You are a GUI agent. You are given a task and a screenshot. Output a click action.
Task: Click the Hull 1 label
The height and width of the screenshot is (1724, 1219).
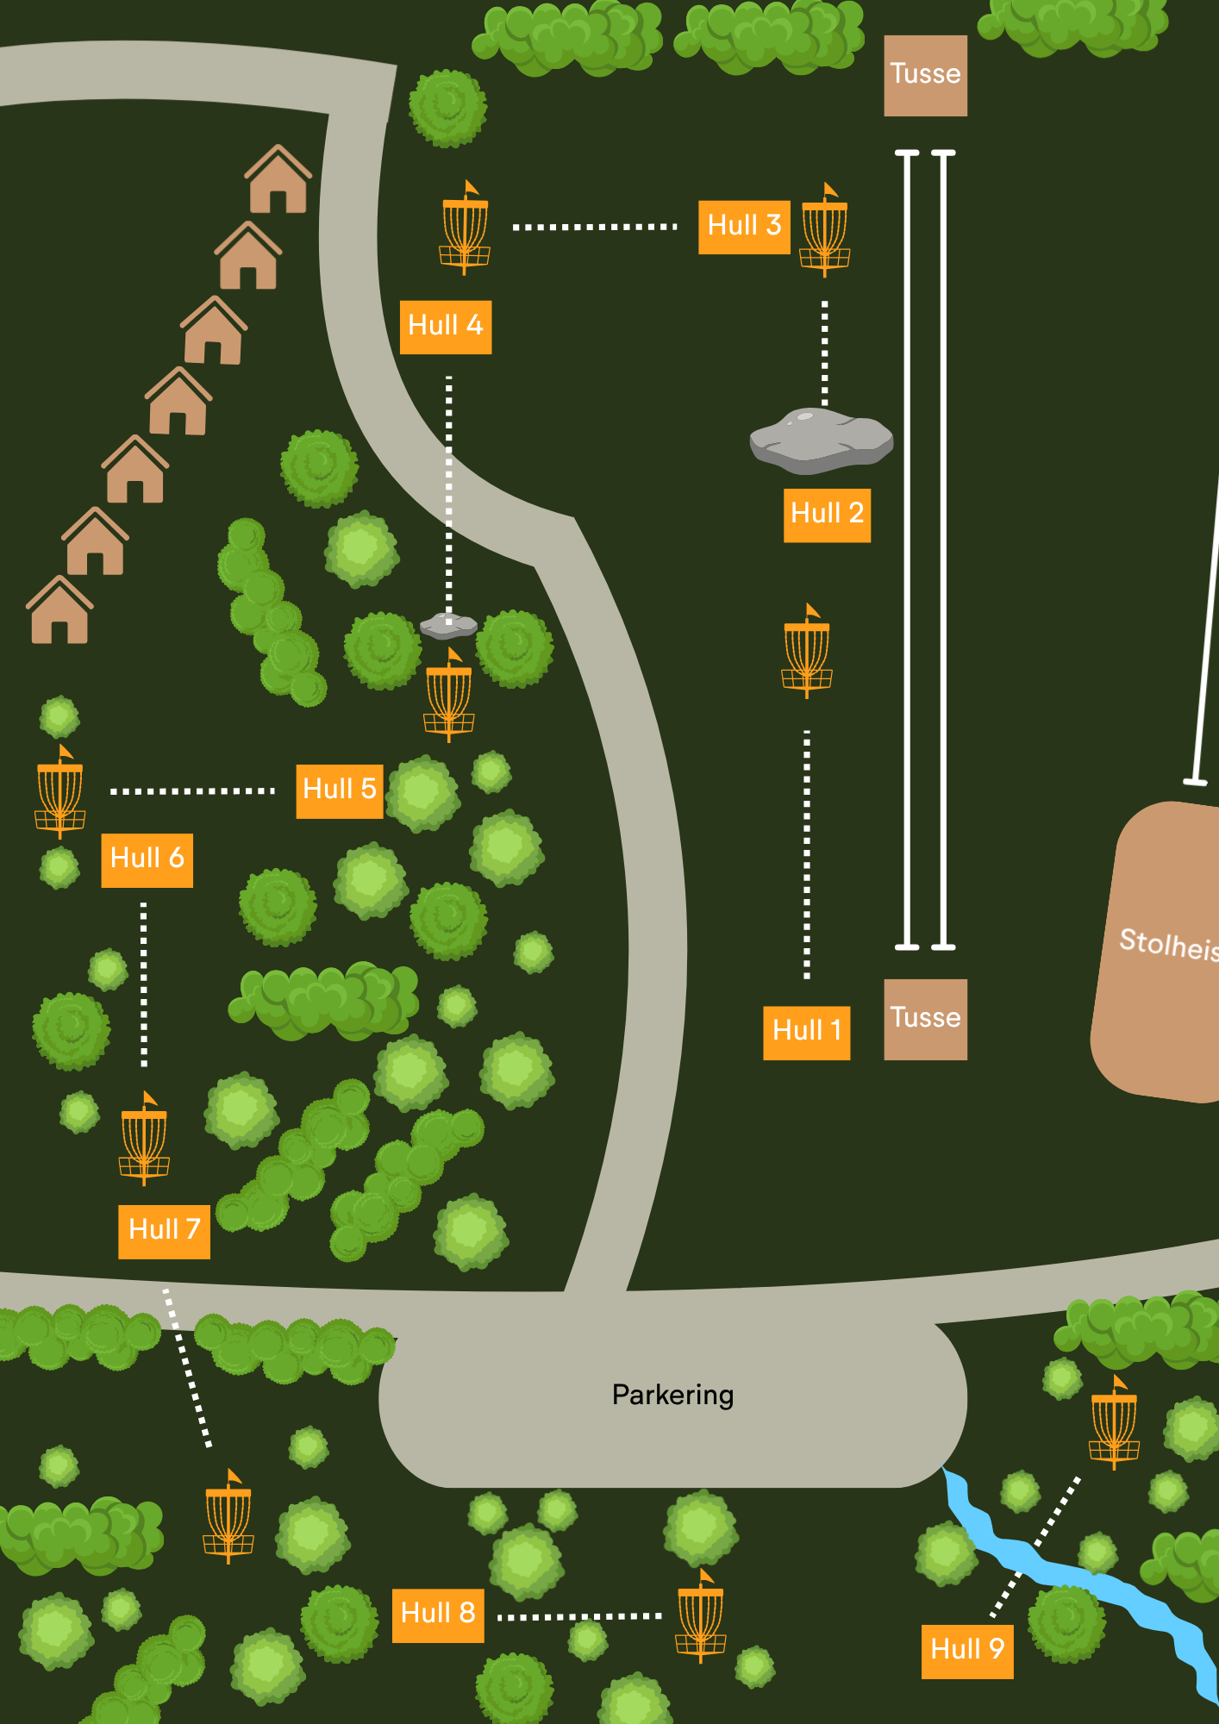pyautogui.click(x=807, y=1032)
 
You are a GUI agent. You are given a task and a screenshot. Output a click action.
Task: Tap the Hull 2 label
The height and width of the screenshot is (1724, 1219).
pyautogui.click(x=827, y=515)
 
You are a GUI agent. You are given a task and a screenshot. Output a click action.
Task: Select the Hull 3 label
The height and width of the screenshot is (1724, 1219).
pyautogui.click(x=744, y=227)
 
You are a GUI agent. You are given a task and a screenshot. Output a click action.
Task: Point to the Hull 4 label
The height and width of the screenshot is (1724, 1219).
pyautogui.click(x=446, y=327)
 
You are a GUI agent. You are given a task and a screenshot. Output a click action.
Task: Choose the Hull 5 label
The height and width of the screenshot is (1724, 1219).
pyautogui.click(x=340, y=790)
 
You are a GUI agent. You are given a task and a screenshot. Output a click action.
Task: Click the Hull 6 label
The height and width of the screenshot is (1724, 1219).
pyautogui.click(x=147, y=859)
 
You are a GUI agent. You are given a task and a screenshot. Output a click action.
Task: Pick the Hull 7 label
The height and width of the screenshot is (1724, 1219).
pyautogui.click(x=164, y=1231)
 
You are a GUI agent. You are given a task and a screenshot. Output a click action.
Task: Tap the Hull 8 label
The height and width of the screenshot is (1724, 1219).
pyautogui.click(x=438, y=1615)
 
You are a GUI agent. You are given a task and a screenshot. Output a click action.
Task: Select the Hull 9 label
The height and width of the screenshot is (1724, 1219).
pyautogui.click(x=967, y=1651)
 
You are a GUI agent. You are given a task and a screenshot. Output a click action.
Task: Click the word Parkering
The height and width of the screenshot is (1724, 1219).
pyautogui.click(x=672, y=1396)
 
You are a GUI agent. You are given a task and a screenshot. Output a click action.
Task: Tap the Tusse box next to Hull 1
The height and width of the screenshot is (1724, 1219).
pyautogui.click(x=926, y=1019)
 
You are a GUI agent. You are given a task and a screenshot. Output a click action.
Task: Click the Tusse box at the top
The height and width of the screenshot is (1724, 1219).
pyautogui.click(x=926, y=76)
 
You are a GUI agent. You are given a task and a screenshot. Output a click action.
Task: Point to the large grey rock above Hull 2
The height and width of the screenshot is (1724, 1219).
pyautogui.click(x=821, y=440)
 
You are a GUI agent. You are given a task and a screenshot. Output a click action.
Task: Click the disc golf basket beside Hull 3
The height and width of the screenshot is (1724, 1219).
pyautogui.click(x=825, y=229)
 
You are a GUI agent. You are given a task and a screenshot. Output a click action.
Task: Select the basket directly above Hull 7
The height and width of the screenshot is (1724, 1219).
pyautogui.click(x=144, y=1138)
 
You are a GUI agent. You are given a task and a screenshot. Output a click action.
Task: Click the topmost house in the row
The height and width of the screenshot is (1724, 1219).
pyautogui.click(x=278, y=178)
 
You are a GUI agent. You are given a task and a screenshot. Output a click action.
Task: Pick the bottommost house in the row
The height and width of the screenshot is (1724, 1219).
pyautogui.click(x=59, y=609)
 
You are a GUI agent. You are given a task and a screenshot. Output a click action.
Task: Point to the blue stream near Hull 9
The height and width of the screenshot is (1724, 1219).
pyautogui.click(x=1078, y=1582)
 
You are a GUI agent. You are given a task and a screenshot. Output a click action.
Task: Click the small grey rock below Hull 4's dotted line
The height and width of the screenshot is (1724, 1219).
pyautogui.click(x=448, y=625)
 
